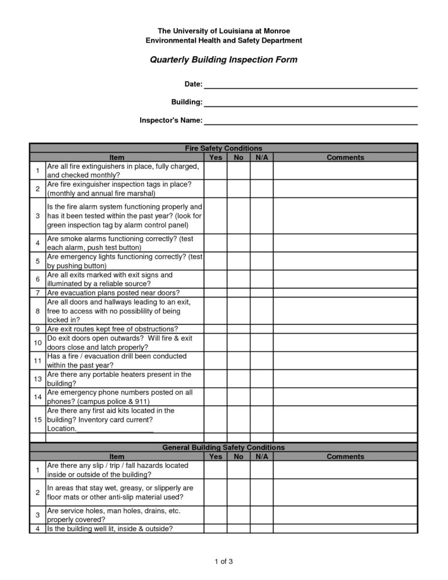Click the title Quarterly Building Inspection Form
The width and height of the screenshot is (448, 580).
coord(223,60)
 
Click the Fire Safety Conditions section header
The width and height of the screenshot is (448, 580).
coord(223,148)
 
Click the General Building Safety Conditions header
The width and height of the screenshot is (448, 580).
coord(223,447)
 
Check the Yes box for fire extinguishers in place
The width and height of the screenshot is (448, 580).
coord(215,170)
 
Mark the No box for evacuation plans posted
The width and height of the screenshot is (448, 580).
coord(239,292)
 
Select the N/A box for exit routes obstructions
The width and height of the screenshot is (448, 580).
coord(261,329)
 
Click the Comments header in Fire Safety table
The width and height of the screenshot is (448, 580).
coord(345,158)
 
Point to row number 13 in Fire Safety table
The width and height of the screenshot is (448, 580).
coord(37,379)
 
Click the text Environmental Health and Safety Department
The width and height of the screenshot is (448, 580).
coord(224,40)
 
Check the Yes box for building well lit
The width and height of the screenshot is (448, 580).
coord(215,529)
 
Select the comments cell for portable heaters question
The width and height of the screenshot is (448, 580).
coord(345,379)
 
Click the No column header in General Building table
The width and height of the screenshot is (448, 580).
coord(239,456)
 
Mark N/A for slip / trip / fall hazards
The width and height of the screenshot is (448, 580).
coord(261,470)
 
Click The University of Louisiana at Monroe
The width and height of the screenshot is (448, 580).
coord(224,30)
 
